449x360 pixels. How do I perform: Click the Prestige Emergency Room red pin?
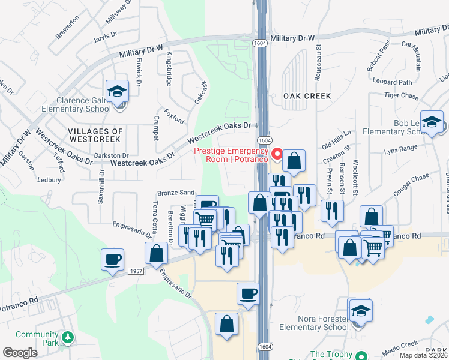click(x=277, y=154)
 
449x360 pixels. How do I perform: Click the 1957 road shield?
click(x=136, y=272)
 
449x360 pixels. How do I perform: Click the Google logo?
click(x=20, y=353)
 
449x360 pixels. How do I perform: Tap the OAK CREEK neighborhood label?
click(x=291, y=96)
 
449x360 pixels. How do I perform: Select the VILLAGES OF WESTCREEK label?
click(x=95, y=134)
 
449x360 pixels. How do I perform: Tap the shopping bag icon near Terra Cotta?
click(x=156, y=254)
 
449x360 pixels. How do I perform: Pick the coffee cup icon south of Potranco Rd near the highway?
click(x=248, y=295)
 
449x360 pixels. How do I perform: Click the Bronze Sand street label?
click(x=176, y=193)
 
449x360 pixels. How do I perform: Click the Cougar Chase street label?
click(x=411, y=185)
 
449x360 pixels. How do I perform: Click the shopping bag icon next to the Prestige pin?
click(x=294, y=161)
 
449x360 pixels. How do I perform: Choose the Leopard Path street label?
click(x=392, y=82)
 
